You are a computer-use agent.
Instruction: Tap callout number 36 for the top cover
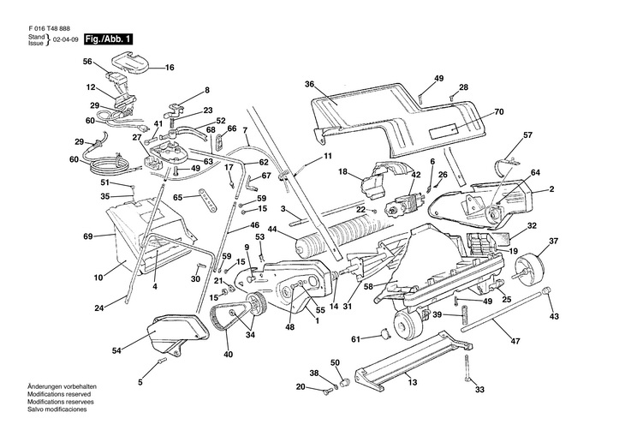pos(310,84)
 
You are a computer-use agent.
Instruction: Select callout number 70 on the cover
pos(499,112)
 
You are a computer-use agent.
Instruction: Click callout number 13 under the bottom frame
pos(412,382)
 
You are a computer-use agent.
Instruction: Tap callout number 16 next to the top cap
pos(168,67)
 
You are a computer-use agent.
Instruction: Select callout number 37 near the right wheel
pos(553,240)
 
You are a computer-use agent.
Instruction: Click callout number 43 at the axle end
pos(553,317)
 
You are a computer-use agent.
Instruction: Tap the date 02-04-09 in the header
pos(66,40)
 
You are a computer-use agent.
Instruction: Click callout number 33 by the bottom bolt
pos(479,390)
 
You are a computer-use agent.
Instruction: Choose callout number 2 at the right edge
pos(551,188)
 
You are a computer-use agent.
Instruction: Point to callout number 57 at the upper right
pos(528,135)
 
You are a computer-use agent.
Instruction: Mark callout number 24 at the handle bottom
pos(99,308)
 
